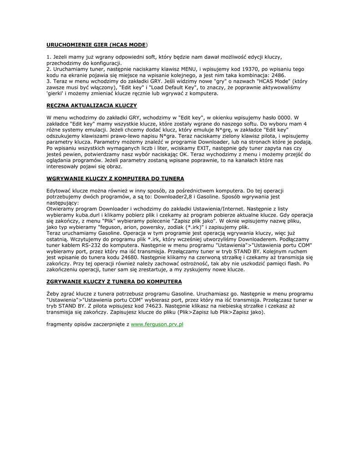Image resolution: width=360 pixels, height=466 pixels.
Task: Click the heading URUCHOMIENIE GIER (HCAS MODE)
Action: click(96, 45)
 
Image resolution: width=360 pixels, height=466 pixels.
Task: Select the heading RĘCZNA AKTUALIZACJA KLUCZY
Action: click(92, 105)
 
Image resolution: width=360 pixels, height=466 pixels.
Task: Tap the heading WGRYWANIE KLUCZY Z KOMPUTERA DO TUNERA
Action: click(116, 178)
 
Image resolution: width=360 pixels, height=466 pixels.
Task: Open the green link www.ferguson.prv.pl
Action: click(157, 324)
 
